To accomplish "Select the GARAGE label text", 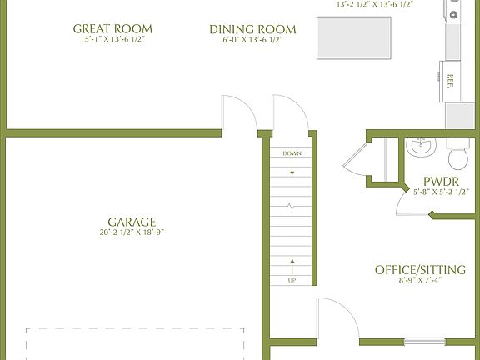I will [132, 222].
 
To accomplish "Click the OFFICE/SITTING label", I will [420, 269].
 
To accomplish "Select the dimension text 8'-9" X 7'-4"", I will [420, 281].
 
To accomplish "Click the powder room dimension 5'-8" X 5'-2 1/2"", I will [442, 192].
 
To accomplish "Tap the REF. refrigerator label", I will [451, 81].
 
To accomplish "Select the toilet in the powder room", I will [458, 156].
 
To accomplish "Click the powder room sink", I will [421, 147].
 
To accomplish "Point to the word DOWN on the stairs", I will [292, 154].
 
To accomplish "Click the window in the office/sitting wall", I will [424, 340].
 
